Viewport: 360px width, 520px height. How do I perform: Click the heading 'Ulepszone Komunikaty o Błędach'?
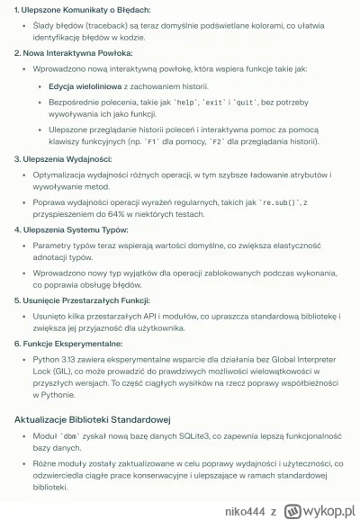[x=72, y=10]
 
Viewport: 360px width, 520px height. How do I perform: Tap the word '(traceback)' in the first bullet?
[x=76, y=28]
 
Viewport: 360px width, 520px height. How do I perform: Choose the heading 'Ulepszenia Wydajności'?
[x=61, y=159]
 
